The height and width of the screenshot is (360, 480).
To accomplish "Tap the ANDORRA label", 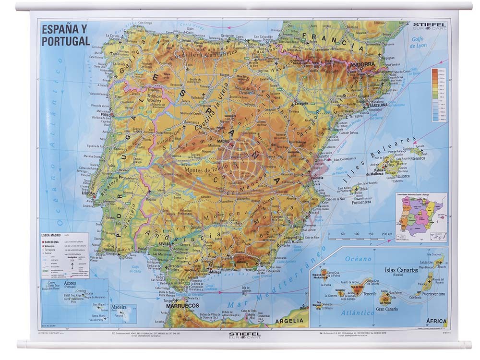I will (x=362, y=64).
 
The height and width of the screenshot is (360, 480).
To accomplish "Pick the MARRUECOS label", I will (x=182, y=305).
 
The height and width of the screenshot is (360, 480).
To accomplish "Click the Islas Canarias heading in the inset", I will (x=401, y=270).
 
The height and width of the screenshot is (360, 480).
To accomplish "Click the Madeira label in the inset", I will (x=119, y=306).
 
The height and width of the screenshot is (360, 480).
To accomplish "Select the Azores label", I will (x=70, y=284).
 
